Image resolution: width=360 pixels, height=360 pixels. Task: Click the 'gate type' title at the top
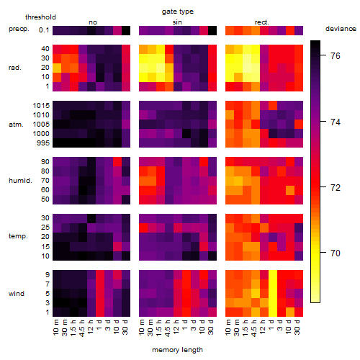pyautogui.click(x=178, y=12)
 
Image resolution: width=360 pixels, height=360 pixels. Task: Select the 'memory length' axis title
pyautogui.click(x=177, y=350)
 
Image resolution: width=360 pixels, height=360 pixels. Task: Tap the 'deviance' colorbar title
pyautogui.click(x=341, y=29)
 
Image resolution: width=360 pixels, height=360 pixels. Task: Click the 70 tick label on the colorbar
pyautogui.click(x=336, y=253)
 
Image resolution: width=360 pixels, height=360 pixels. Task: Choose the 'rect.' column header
pyautogui.click(x=262, y=22)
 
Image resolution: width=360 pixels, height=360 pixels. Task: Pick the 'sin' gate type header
pyautogui.click(x=177, y=22)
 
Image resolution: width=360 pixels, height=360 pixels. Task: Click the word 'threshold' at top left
pyautogui.click(x=40, y=17)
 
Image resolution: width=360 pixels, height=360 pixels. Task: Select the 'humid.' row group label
pyautogui.click(x=20, y=181)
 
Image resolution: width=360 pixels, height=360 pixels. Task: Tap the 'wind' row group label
pyautogui.click(x=17, y=294)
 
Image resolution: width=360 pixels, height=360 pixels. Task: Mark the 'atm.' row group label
pyautogui.click(x=16, y=125)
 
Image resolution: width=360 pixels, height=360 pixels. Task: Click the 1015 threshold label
pyautogui.click(x=41, y=106)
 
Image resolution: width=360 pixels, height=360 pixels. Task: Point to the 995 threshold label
pyautogui.click(x=43, y=143)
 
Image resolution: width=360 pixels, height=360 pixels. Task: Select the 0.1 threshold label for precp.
pyautogui.click(x=44, y=30)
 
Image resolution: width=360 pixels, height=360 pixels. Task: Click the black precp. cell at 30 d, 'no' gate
pyautogui.click(x=126, y=30)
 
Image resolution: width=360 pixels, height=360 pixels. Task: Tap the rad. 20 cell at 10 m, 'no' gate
pyautogui.click(x=57, y=68)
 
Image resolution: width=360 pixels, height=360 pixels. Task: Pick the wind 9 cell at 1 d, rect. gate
pyautogui.click(x=273, y=274)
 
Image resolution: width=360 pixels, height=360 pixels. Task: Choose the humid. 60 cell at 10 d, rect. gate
pyautogui.click(x=290, y=190)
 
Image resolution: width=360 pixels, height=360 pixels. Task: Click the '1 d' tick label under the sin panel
pyautogui.click(x=185, y=325)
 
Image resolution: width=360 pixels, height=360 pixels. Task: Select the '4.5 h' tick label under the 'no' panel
pyautogui.click(x=81, y=328)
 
